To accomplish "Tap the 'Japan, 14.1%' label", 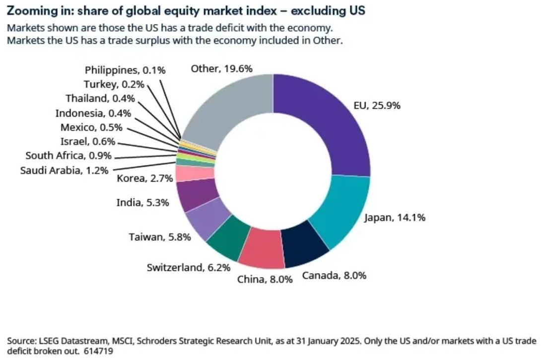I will pos(395,217).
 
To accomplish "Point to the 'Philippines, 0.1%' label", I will pos(125,70).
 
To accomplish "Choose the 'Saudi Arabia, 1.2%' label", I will pos(64,170).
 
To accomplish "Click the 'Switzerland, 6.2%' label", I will pos(189,268).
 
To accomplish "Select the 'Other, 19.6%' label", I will pos(222,69).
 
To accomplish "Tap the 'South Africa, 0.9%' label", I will pos(68,156).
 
